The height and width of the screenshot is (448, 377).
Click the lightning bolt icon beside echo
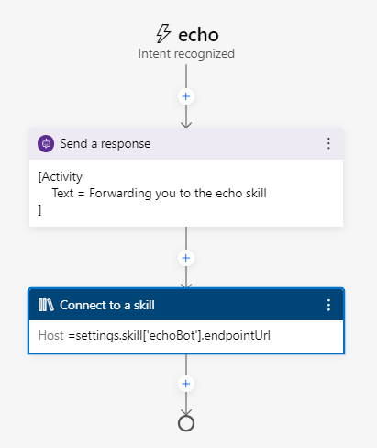[x=163, y=34]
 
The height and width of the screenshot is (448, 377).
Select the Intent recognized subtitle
[x=186, y=54]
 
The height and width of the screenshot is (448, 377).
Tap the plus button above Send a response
[x=186, y=95]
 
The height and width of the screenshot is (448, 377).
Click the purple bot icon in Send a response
[x=46, y=143]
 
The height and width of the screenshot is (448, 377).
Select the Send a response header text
[x=105, y=143]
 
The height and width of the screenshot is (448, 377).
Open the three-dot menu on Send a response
[x=328, y=143]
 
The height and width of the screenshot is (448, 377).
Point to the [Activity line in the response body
[x=61, y=177]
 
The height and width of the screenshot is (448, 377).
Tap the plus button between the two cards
[x=186, y=258]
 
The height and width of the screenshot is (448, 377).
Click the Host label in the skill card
[x=50, y=336]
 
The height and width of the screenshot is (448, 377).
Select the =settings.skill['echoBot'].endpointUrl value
[x=168, y=336]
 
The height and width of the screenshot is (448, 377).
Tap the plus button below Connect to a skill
[x=186, y=384]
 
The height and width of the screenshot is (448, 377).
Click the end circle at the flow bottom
[x=186, y=423]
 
